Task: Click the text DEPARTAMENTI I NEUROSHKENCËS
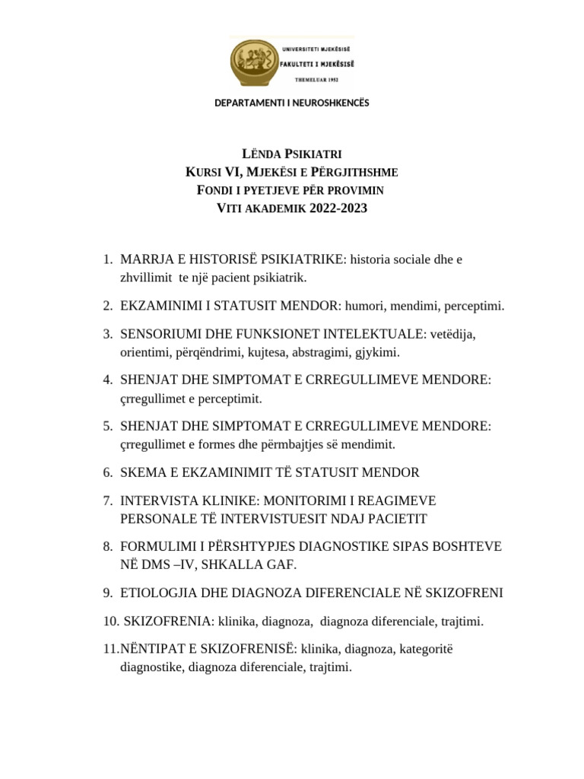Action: tap(291, 103)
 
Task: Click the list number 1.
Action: tap(106, 260)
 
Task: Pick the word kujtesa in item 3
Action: tap(293, 352)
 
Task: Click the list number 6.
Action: tap(106, 472)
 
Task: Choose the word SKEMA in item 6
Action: tap(142, 472)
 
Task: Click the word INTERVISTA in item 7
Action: tap(158, 501)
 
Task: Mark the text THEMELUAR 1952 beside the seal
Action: tap(316, 79)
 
